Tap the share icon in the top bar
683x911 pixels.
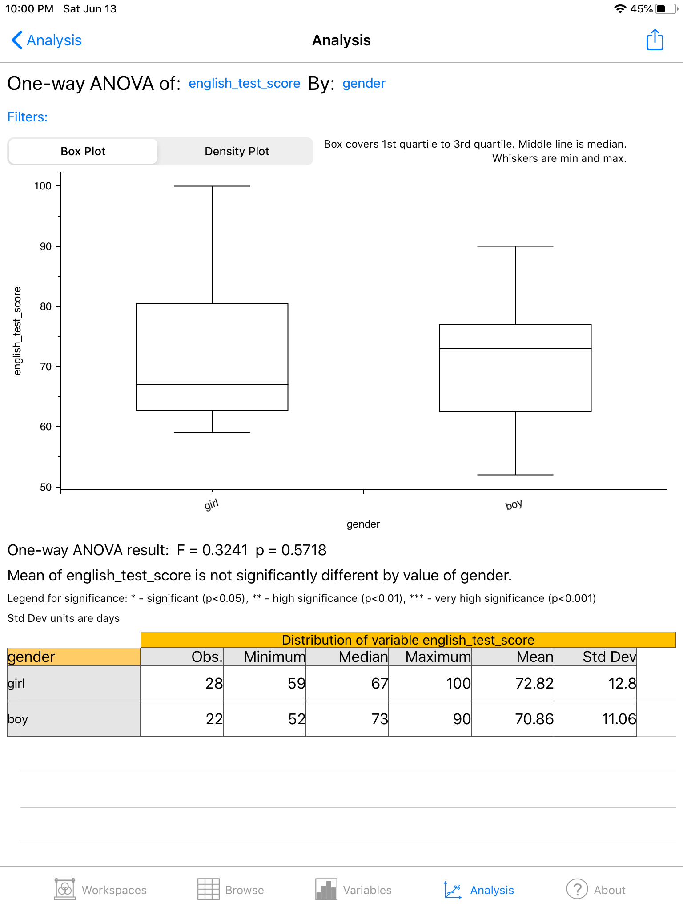[655, 40]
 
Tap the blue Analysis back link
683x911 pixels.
[47, 40]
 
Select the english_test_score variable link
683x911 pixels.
[244, 83]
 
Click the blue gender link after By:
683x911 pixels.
[364, 83]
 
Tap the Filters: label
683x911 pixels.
[28, 117]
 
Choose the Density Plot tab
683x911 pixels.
[237, 151]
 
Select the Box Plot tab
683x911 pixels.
[83, 151]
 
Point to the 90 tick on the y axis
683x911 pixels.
[46, 246]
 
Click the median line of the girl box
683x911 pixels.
[212, 384]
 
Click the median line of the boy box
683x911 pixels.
[515, 348]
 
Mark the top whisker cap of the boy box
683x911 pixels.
[515, 246]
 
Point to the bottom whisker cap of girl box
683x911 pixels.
[212, 432]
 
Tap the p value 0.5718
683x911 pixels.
[304, 550]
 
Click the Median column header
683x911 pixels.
[363, 657]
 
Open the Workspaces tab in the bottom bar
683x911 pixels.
[100, 890]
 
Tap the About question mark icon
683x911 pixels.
[577, 890]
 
